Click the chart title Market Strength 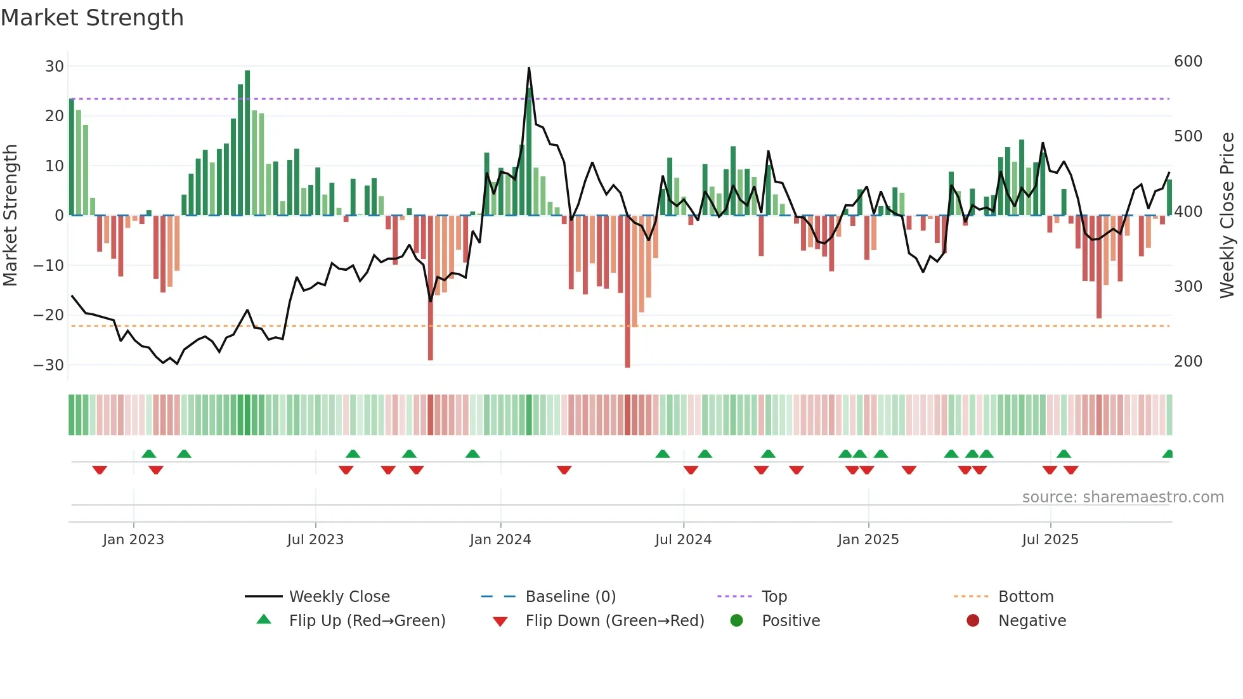click(92, 18)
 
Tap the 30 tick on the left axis click(55, 67)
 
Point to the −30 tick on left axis click(49, 365)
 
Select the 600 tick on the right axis click(1188, 62)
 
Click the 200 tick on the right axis click(1188, 362)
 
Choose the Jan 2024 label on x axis click(500, 540)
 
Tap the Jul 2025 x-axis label click(1050, 540)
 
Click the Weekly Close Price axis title click(1227, 215)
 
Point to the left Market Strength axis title click(10, 215)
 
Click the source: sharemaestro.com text click(1123, 497)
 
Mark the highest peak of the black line click(529, 69)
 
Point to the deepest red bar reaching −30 click(627, 292)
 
